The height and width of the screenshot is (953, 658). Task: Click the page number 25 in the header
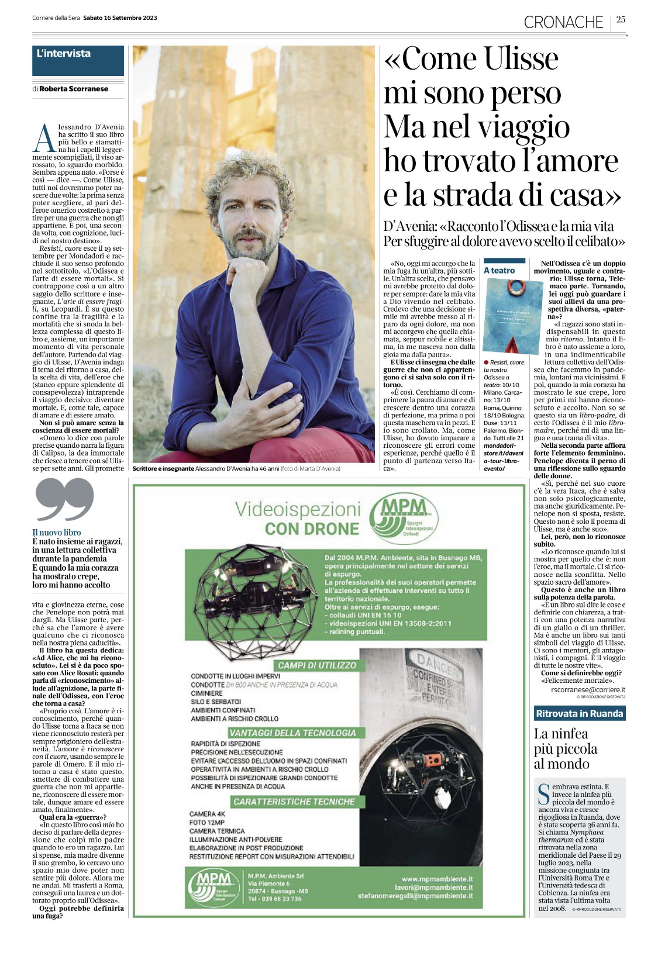pos(621,19)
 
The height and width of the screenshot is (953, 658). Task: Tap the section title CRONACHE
pos(563,22)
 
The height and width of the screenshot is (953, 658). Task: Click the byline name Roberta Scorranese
pos(74,89)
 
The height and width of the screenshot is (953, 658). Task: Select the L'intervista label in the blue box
pos(64,54)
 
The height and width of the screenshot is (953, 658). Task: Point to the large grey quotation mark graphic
pos(64,499)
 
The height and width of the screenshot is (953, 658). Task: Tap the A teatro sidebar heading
pos(499,271)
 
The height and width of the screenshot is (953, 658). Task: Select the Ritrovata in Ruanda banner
pos(579,713)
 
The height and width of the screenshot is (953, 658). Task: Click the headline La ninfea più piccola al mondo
pos(565,749)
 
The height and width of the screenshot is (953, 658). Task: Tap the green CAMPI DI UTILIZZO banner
pos(316,665)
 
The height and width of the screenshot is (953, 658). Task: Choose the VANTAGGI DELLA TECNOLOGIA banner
pos(292,733)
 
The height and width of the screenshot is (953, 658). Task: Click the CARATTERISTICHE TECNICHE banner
pos(294,802)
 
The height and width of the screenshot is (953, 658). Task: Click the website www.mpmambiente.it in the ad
pos(437,879)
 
